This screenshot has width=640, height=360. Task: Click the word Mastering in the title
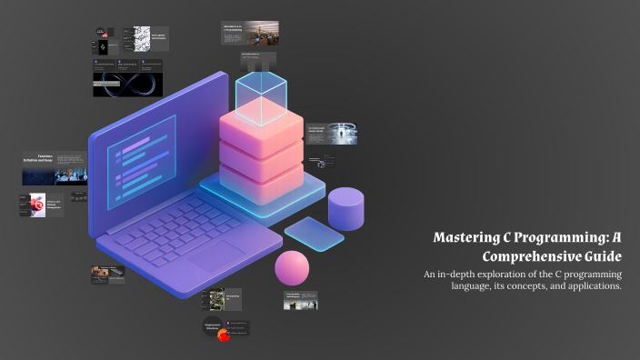(465, 238)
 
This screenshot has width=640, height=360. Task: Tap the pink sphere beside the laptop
(293, 268)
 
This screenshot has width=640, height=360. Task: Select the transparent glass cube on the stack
(262, 98)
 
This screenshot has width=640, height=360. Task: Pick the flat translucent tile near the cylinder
(314, 234)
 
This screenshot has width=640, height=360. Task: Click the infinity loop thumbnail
(127, 85)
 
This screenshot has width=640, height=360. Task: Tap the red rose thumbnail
(37, 205)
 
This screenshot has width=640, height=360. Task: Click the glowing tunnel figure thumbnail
(343, 134)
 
